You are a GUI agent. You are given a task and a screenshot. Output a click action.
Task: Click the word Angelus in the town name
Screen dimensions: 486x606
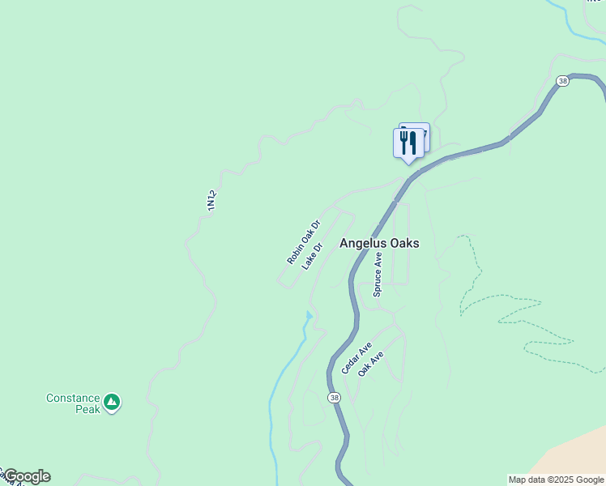(x=363, y=243)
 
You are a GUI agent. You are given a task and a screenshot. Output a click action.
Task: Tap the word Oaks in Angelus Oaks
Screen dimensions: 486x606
(x=404, y=243)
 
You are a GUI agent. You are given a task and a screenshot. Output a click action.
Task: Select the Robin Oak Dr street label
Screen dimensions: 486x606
(x=304, y=241)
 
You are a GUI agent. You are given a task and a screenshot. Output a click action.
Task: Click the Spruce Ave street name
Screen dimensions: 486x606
(x=378, y=274)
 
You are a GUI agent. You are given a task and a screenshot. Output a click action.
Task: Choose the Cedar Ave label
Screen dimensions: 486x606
(x=356, y=358)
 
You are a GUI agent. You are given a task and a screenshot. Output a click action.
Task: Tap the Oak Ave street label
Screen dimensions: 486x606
(x=369, y=362)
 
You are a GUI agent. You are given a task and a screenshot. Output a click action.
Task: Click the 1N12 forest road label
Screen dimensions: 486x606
(x=212, y=201)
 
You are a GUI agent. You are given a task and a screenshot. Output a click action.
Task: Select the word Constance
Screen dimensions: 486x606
(x=73, y=399)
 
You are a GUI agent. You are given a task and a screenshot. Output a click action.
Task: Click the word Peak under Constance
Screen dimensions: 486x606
(x=87, y=410)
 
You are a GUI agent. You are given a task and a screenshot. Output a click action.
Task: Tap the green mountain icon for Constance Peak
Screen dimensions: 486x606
(x=112, y=402)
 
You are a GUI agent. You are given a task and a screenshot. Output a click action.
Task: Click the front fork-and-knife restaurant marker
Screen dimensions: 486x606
(x=408, y=143)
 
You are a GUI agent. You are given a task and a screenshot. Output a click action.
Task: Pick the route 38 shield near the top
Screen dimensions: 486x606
(x=562, y=81)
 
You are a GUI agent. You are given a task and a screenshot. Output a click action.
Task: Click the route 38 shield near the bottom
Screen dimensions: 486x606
(x=334, y=398)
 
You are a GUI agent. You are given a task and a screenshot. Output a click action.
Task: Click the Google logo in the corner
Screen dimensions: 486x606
(x=28, y=476)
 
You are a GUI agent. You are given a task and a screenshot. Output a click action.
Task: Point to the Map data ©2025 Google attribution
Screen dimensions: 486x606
(x=556, y=480)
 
